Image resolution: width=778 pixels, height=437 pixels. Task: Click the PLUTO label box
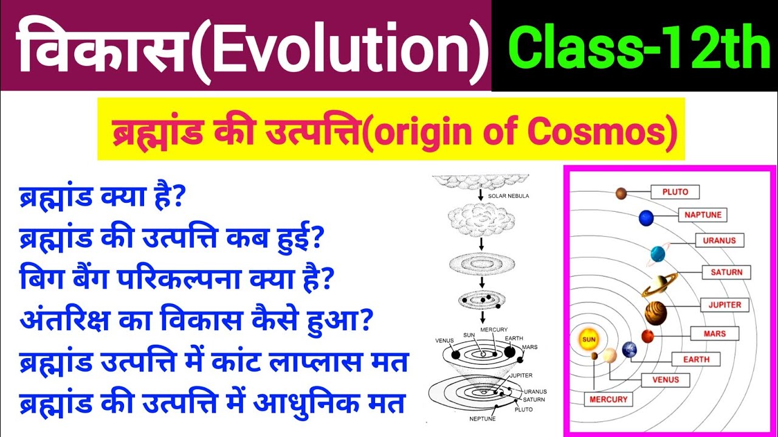click(x=675, y=192)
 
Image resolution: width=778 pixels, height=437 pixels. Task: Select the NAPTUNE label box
click(x=703, y=215)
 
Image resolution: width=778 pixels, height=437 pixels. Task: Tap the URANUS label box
click(x=719, y=240)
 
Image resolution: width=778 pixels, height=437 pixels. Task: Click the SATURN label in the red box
click(x=726, y=273)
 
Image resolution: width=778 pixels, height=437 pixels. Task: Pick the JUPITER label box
click(x=724, y=304)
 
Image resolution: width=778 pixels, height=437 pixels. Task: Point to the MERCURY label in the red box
click(x=608, y=399)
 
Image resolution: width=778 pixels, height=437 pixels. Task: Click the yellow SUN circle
click(x=588, y=340)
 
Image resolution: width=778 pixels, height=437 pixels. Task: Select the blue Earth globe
click(x=629, y=349)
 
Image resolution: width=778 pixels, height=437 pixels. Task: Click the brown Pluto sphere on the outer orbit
click(x=621, y=193)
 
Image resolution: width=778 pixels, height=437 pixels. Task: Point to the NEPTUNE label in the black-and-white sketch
click(x=482, y=419)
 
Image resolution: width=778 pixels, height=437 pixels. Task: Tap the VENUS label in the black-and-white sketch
click(x=444, y=340)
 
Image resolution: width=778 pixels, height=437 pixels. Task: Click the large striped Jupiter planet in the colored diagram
click(x=656, y=313)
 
